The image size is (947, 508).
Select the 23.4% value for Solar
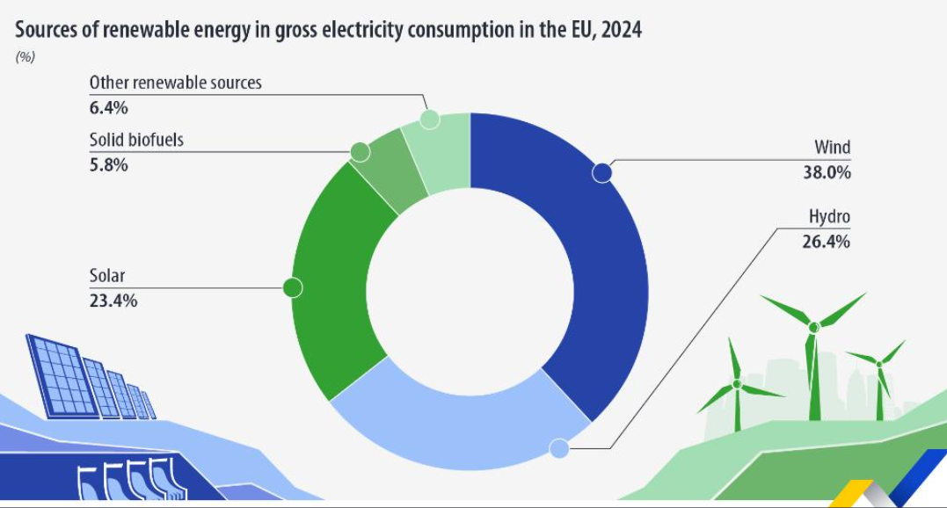tap(113, 301)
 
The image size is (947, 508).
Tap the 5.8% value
tap(108, 164)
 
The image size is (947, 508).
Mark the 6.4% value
tap(108, 108)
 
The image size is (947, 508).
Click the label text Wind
tap(832, 148)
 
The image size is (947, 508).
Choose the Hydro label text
tap(829, 216)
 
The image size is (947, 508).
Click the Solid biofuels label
tap(136, 140)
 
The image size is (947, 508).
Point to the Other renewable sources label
tap(176, 83)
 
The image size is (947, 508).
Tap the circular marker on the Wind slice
tap(601, 172)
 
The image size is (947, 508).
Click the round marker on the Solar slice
tap(293, 287)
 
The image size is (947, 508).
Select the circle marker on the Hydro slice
tap(558, 449)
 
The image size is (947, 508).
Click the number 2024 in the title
tap(621, 31)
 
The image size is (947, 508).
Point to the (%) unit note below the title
tap(25, 57)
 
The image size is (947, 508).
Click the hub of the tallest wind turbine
tap(814, 327)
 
